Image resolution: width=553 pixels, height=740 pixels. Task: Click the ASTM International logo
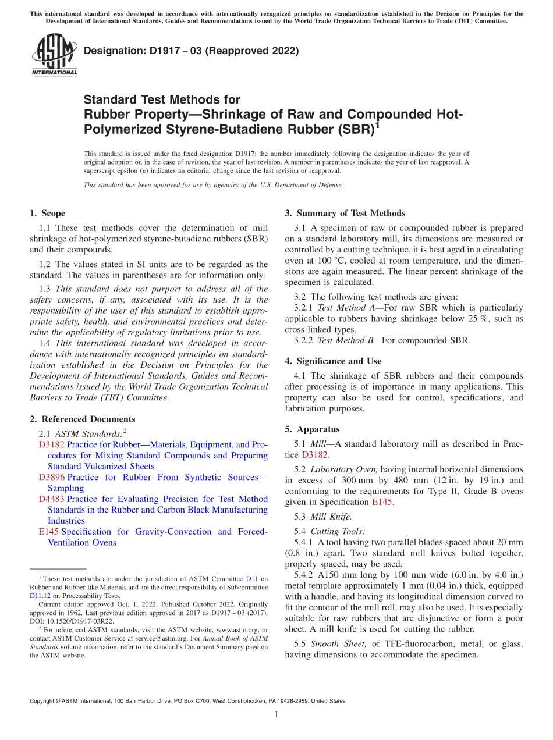click(54, 55)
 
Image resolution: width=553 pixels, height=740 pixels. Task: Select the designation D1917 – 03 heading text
click(192, 51)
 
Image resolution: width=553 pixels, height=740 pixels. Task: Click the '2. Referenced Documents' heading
click(82, 419)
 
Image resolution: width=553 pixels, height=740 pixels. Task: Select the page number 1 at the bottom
click(276, 715)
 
